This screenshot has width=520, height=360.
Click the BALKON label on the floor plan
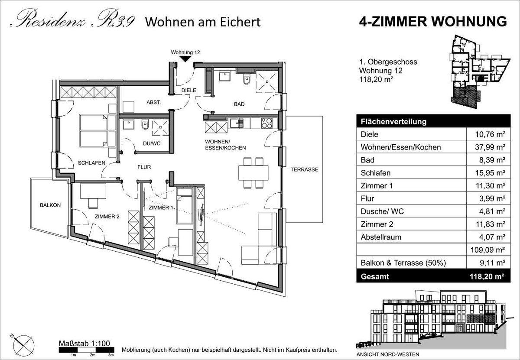[x=50, y=205]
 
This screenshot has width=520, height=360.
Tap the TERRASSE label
[x=304, y=169]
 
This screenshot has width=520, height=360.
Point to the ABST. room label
[x=154, y=102]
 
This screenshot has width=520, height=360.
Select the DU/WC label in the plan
[x=152, y=143]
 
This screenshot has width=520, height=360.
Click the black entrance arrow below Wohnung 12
[x=185, y=59]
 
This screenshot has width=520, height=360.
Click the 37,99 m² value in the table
[x=490, y=147]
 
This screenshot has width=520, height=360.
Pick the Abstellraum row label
[x=381, y=237]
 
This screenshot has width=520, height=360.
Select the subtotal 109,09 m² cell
[x=488, y=250]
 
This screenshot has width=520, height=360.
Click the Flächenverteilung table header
[x=393, y=122]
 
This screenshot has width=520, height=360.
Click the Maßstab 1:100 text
[x=84, y=343]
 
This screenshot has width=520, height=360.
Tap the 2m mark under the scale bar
[x=92, y=355]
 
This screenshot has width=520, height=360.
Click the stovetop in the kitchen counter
[x=266, y=123]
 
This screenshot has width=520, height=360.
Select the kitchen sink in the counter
[x=236, y=123]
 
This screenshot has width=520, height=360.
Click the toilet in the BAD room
[x=246, y=79]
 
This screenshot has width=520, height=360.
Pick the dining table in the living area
[x=253, y=172]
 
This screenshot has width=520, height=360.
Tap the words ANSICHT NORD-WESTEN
[x=388, y=354]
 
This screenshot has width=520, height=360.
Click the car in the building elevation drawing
[x=428, y=335]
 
